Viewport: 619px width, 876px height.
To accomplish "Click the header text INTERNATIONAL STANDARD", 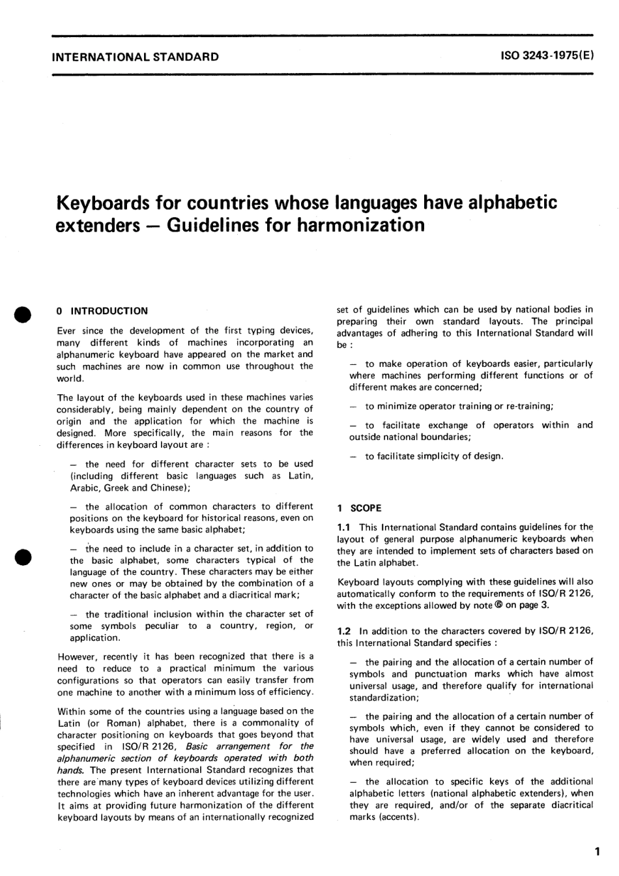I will (x=135, y=57).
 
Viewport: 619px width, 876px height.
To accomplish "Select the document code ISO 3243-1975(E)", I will (x=547, y=57).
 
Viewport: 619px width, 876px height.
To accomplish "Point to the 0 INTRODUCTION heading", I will (x=102, y=311).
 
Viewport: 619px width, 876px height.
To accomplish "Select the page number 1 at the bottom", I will (x=596, y=851).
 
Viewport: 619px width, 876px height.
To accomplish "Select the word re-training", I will (x=529, y=406).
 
